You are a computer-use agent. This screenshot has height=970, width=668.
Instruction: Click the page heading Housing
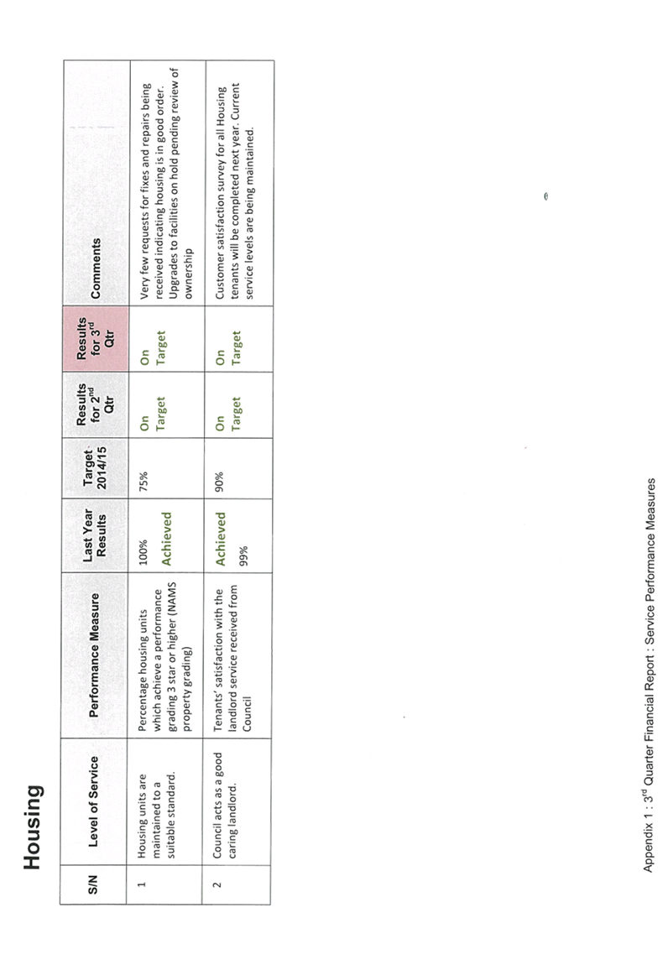tap(33, 827)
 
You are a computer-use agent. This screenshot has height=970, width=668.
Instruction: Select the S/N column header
tap(93, 884)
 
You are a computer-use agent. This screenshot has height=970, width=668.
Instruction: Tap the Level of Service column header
tap(93, 801)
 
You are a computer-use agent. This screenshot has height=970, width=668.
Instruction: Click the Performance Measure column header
tap(94, 655)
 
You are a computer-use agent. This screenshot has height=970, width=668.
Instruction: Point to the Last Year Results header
tap(95, 535)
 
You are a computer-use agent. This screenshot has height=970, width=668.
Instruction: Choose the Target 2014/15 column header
tap(95, 468)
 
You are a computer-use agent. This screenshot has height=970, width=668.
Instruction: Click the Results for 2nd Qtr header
tap(95, 404)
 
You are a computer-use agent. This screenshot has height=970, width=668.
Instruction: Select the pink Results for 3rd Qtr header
tap(95, 339)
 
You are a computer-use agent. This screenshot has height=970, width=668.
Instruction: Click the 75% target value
tap(144, 482)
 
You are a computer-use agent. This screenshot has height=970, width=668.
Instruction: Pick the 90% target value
tap(219, 482)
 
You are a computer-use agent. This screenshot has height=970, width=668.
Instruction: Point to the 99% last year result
tap(243, 555)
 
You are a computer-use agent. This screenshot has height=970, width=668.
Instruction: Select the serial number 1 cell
tap(142, 884)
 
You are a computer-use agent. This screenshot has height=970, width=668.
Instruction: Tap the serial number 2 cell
tap(217, 884)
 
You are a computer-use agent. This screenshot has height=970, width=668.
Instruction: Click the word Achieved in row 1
tap(166, 538)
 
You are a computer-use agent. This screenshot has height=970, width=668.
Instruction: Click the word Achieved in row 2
tap(220, 538)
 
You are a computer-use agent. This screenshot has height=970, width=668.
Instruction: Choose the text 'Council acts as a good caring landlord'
tap(225, 805)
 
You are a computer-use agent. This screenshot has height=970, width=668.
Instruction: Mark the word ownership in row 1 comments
tap(190, 274)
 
